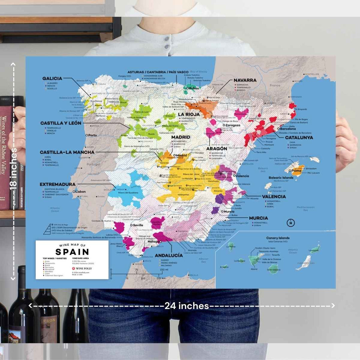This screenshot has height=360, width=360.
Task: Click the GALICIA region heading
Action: click(x=52, y=79)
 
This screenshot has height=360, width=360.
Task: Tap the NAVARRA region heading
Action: click(x=245, y=80)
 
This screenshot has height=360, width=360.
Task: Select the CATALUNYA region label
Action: click(x=299, y=137)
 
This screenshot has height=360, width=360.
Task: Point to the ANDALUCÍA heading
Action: click(x=169, y=255)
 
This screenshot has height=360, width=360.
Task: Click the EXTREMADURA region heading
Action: click(x=57, y=184)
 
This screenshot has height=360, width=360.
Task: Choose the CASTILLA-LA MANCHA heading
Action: click(x=67, y=152)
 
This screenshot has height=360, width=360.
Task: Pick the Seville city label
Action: click(x=138, y=225)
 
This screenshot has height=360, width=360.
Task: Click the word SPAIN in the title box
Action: click(x=72, y=252)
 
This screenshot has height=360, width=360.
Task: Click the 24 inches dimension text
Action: click(x=187, y=306)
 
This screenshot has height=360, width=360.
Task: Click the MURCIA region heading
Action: click(x=258, y=218)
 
